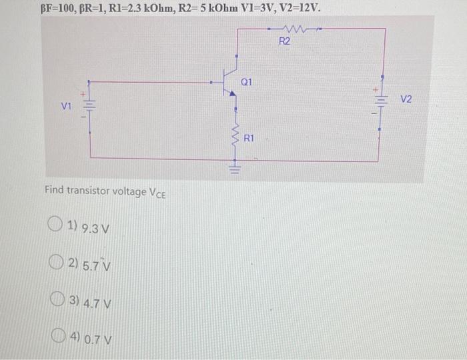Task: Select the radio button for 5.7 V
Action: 57,264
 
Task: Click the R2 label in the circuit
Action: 284,41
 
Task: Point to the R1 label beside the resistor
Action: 249,139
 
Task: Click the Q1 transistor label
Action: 246,81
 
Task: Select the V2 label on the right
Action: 406,99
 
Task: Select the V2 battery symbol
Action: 380,100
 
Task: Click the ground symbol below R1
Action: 234,167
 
